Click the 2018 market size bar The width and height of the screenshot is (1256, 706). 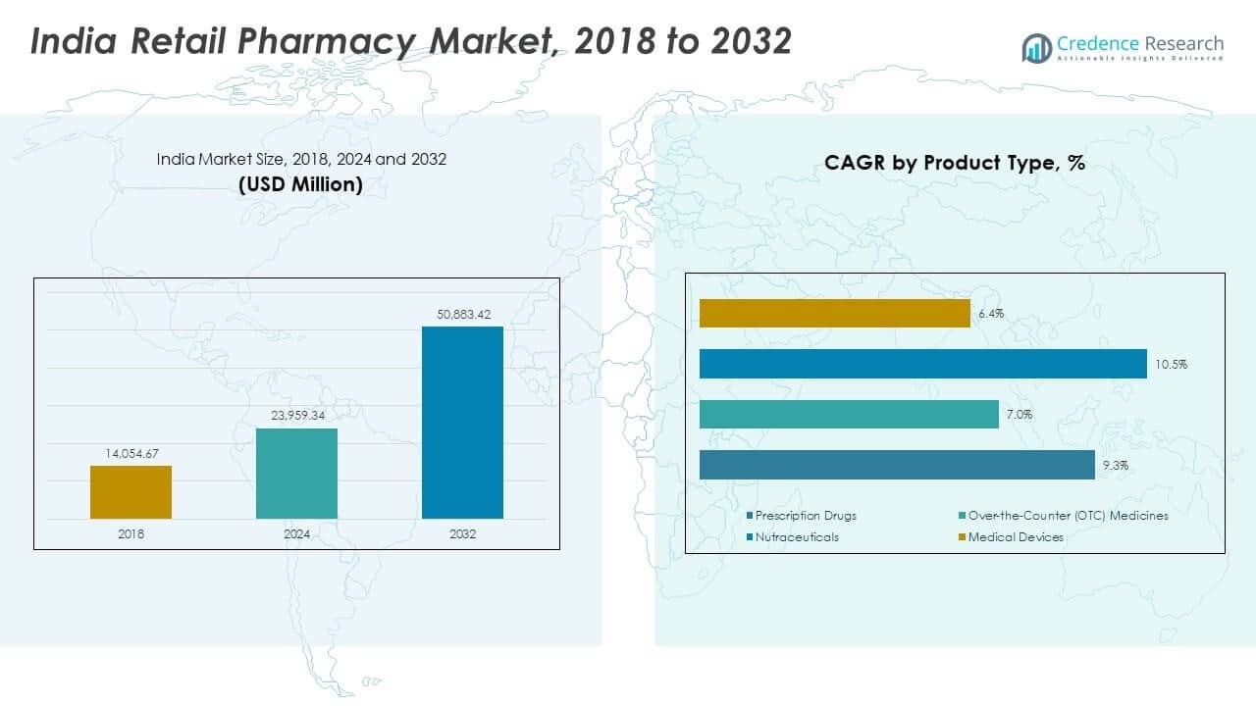[131, 491]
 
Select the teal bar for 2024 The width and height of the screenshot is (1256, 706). [296, 473]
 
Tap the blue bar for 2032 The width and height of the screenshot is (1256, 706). [462, 422]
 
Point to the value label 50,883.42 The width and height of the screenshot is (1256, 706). [462, 314]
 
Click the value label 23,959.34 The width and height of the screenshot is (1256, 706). [296, 416]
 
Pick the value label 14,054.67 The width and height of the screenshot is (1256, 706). [131, 453]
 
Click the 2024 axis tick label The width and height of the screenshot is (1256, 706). [296, 534]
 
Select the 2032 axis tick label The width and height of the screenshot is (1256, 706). [462, 534]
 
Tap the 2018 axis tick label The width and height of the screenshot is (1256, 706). [131, 534]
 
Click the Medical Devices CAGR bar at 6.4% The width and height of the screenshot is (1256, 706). [834, 314]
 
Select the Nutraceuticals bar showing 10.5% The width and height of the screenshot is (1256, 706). [922, 364]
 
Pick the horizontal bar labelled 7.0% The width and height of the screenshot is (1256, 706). [849, 414]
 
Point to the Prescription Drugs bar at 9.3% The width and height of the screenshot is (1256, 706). [897, 465]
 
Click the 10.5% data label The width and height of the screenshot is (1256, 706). [1172, 365]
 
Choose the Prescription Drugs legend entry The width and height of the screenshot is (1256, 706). [806, 516]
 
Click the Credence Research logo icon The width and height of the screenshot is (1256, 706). [1036, 46]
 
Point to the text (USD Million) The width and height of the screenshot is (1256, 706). [300, 184]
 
